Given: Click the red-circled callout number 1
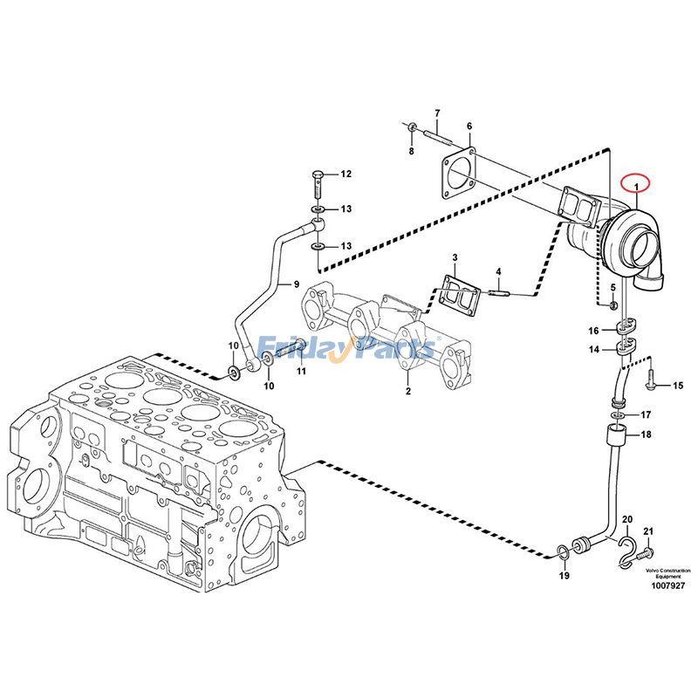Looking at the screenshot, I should [x=637, y=185].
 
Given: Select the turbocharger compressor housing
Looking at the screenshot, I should [x=635, y=249].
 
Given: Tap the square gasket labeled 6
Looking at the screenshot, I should [x=458, y=181].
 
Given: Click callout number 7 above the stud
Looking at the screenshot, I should [x=437, y=113].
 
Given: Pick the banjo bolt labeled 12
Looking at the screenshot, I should [x=317, y=185].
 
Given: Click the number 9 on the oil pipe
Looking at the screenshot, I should [x=295, y=284].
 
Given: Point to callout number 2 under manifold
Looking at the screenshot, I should [x=407, y=393].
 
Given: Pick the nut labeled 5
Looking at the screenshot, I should [x=613, y=305].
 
